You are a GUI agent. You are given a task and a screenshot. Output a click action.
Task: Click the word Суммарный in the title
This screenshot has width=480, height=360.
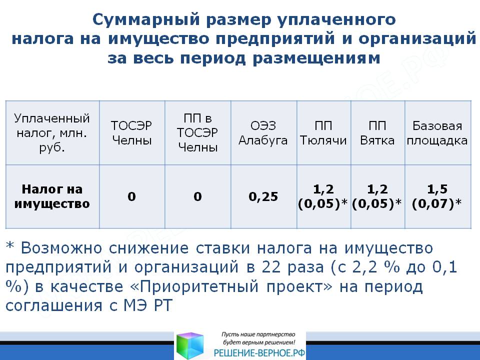146,20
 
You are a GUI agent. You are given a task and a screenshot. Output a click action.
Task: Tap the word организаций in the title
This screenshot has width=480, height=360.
417,39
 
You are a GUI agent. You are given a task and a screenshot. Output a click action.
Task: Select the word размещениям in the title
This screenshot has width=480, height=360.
316,58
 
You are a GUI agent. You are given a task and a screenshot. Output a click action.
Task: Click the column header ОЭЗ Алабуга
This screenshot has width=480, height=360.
263,133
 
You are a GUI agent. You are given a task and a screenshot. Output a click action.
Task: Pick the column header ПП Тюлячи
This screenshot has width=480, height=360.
323,133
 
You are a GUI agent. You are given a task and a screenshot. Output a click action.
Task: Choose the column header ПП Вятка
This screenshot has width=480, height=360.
377,133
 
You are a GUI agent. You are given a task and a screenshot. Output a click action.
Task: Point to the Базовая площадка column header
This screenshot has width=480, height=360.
437,133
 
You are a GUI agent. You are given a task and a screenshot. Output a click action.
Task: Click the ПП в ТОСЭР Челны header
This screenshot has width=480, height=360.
197,133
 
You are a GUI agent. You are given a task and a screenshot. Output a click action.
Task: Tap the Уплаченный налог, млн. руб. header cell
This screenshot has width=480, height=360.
52,133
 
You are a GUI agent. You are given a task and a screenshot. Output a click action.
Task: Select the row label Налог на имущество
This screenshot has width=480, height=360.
52,196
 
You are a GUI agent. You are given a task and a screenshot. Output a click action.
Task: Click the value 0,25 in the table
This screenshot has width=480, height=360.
263,196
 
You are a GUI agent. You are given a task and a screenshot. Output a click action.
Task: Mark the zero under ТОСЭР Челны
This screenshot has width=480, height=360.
131,196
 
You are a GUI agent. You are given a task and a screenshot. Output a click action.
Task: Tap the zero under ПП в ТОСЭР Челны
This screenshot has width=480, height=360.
198,196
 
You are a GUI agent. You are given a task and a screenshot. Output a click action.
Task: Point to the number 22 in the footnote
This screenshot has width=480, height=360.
271,267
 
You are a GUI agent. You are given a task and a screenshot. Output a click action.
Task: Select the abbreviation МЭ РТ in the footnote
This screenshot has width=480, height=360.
148,305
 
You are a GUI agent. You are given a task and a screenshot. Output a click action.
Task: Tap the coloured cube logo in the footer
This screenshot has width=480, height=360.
190,346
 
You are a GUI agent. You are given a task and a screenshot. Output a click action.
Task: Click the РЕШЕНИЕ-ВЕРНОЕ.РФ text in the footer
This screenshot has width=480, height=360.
259,353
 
